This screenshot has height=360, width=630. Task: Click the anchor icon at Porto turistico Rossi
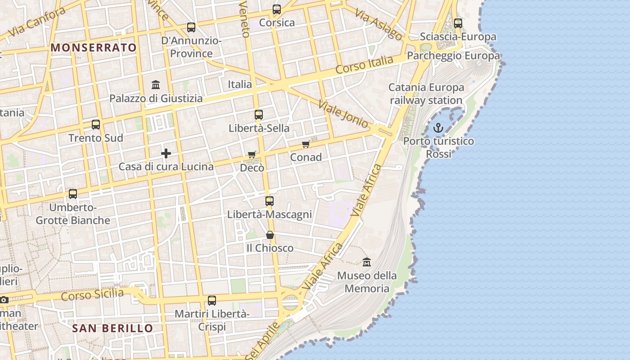438,128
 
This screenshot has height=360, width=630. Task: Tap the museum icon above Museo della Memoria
367,262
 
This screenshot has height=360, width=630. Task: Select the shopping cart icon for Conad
306,144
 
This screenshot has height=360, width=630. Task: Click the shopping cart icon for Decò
252,155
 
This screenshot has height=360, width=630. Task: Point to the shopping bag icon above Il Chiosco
270,235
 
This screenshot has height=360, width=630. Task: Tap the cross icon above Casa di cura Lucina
166,153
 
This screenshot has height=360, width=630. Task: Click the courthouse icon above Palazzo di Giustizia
156,85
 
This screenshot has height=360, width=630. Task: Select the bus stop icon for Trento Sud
96,125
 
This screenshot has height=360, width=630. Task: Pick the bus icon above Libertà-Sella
259,115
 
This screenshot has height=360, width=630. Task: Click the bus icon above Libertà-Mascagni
270,201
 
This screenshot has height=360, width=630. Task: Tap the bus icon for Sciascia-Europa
458,23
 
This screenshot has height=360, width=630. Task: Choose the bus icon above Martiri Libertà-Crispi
212,300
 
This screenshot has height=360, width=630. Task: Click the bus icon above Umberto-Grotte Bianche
73,194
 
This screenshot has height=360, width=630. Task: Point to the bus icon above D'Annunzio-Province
191,27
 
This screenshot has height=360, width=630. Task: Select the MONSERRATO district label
94,48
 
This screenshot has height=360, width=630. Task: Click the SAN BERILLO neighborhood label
113,328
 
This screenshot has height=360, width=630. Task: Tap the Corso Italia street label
364,65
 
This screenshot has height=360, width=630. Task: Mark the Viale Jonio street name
343,114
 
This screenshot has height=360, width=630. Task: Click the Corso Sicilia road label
92,295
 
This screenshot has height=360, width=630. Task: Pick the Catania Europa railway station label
426,94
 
